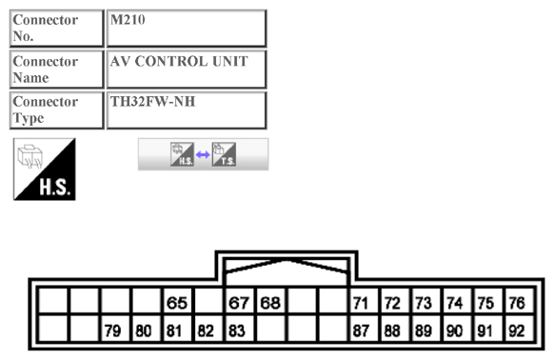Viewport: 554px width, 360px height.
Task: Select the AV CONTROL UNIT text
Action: point(179,62)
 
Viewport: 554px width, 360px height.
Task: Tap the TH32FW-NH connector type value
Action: point(152,102)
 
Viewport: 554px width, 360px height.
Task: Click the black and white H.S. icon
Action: point(44,170)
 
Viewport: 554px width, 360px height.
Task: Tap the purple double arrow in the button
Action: point(203,154)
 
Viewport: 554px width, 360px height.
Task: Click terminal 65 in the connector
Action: point(176,304)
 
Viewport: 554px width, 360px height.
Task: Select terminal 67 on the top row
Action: point(238,304)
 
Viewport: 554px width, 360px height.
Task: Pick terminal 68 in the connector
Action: point(270,304)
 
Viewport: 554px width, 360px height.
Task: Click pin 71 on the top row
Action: point(361,304)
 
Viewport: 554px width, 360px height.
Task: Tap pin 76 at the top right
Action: point(517,304)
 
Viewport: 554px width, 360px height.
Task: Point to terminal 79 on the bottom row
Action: point(113,331)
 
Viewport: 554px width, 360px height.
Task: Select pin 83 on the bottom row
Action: point(238,331)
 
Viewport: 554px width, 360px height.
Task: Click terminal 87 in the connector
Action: point(361,331)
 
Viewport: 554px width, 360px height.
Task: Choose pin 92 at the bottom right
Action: point(517,331)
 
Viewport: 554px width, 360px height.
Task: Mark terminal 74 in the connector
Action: point(455,304)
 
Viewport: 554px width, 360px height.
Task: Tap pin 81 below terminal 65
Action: point(176,331)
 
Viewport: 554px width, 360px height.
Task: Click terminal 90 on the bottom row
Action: point(455,331)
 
